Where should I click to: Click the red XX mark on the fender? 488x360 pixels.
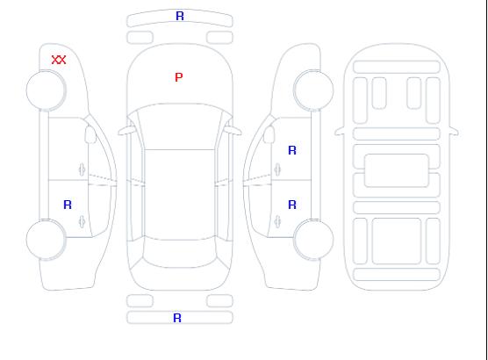pos(59,60)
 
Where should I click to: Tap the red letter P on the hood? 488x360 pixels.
pos(179,77)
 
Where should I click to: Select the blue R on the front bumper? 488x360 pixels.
pos(180,16)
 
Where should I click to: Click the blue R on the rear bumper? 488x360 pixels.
pos(177,318)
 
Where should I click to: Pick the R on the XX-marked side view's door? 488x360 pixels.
pos(68,205)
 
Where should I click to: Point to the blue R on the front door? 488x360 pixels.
pos(292,150)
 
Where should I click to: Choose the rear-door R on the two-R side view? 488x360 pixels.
pos(292,205)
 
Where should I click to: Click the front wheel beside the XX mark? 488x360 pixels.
pos(46,90)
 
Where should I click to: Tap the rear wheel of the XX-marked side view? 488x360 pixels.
pos(46,240)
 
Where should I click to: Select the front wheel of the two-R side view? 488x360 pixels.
pos(313,90)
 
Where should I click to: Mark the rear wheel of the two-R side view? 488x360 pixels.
pos(313,240)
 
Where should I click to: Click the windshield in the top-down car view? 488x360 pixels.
pos(180,126)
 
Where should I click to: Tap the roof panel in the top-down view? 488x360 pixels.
pos(180,195)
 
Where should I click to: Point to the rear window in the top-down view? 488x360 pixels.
pos(180,253)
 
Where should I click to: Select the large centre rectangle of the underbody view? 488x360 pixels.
pos(397,170)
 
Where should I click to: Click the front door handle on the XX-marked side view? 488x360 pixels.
pos(82,169)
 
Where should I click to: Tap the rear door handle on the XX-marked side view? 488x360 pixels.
pos(82,221)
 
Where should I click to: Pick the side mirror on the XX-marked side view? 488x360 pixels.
pos(90,134)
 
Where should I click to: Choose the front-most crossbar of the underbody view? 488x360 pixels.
pos(397,67)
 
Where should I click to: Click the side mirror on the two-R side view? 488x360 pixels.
pos(269,134)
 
